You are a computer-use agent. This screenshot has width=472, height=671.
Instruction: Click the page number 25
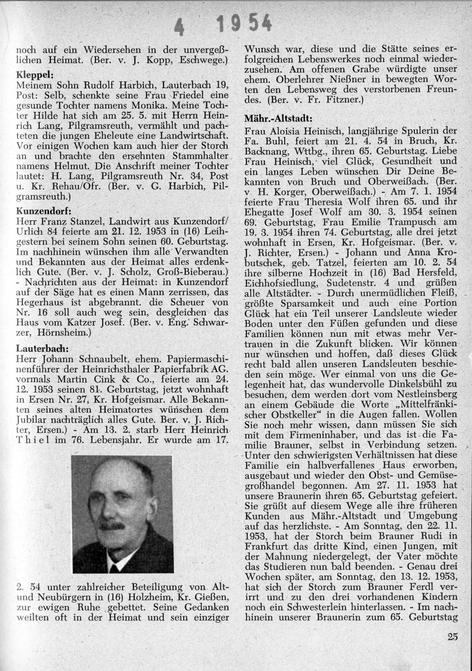tap(452, 637)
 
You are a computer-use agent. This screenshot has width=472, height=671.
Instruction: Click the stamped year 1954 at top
tap(244, 22)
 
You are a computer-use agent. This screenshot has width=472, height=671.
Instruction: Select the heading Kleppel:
tap(34, 75)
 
